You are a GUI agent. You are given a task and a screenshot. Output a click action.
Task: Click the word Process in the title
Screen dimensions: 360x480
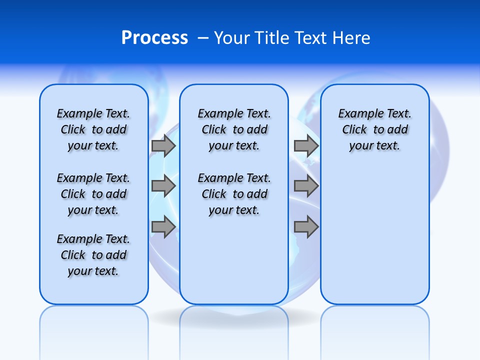coord(154,38)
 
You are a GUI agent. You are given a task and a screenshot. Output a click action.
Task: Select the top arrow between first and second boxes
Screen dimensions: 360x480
coord(163,145)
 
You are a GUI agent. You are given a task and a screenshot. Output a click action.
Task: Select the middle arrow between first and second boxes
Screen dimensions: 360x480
coord(163,186)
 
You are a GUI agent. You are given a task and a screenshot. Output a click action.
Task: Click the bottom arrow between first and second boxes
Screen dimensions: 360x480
coord(163,227)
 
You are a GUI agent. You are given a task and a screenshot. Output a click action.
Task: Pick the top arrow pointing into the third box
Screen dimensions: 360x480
coord(306,145)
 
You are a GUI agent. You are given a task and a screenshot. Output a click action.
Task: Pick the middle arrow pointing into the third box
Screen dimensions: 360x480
coord(306,186)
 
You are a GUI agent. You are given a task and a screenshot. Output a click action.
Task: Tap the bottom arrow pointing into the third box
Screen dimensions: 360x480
coord(306,227)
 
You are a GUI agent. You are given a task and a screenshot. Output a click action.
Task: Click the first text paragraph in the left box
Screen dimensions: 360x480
coord(93,129)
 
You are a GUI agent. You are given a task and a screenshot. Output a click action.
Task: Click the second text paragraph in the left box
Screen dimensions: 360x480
coord(93,194)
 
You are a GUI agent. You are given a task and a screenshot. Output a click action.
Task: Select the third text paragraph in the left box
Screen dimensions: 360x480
coord(93,255)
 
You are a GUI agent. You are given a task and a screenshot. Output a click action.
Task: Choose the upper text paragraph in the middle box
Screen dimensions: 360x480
coord(234,129)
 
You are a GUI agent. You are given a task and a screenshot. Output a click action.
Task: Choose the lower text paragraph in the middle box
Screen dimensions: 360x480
coord(234,194)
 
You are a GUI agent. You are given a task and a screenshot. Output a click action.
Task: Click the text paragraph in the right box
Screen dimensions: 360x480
coord(374,129)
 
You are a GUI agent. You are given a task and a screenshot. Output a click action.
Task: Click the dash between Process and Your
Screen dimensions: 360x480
coord(203,38)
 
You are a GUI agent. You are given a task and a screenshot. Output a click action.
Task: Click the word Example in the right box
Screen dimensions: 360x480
coord(357,114)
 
